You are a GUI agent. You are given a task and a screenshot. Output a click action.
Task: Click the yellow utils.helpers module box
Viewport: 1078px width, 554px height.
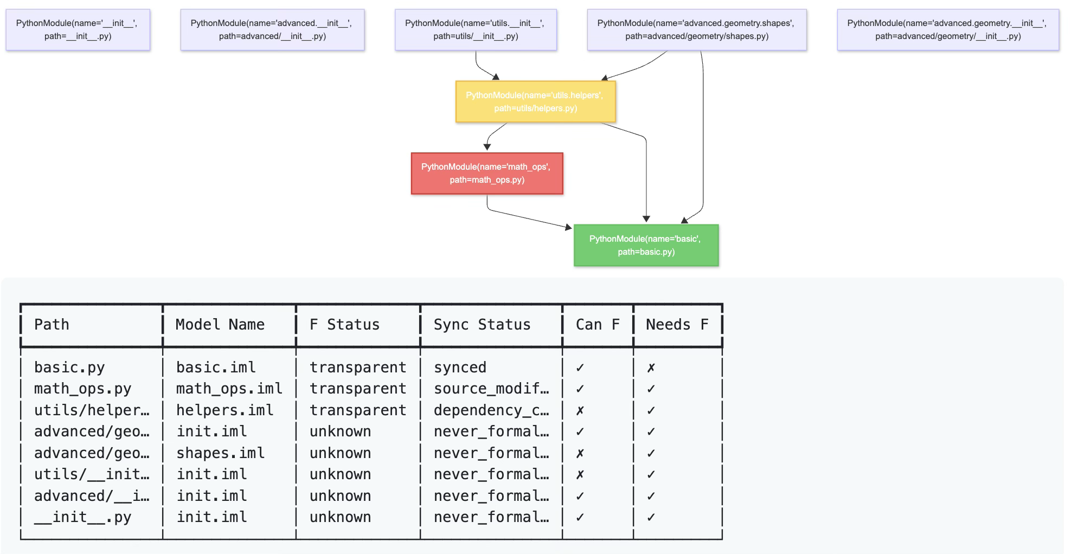coord(535,101)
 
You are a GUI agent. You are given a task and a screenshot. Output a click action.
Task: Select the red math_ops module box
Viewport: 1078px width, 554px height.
coord(486,173)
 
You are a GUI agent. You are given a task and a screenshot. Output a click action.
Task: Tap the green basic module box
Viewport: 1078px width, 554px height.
coord(645,245)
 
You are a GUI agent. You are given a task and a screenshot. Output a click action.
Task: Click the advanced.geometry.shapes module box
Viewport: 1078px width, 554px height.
coord(696,30)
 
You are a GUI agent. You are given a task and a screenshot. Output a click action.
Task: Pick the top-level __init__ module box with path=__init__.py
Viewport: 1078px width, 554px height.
coord(78,30)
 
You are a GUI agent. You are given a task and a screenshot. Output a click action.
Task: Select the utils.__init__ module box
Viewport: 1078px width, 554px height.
coord(475,30)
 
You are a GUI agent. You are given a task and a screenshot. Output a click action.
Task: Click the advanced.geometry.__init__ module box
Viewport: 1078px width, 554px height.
coord(947,30)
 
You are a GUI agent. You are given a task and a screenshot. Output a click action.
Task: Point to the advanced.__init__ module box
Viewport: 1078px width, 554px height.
coord(272,30)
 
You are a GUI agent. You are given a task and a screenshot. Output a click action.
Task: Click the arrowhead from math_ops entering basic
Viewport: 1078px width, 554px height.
coord(569,227)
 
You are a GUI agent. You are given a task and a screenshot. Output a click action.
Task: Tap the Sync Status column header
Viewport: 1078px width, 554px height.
coord(482,324)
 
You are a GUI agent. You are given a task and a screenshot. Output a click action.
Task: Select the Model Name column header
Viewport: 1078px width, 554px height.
coord(220,324)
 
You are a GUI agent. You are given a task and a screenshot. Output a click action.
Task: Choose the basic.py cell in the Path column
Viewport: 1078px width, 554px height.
coord(69,368)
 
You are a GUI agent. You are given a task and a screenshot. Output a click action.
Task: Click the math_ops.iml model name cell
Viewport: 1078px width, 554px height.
coord(229,389)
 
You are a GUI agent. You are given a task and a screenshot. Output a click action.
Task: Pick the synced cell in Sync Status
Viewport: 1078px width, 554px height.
coord(460,368)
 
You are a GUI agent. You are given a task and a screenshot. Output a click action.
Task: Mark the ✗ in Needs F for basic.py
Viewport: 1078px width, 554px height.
coord(651,368)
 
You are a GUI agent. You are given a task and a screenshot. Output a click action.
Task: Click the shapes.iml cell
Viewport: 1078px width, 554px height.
coord(220,453)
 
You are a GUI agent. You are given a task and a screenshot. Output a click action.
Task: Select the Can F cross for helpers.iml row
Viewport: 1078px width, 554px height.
coord(580,411)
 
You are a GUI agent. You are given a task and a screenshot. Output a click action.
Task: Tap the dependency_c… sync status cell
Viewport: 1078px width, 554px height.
coord(491,410)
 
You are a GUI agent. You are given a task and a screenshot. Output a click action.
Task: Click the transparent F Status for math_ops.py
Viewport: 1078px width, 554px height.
coord(357,389)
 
